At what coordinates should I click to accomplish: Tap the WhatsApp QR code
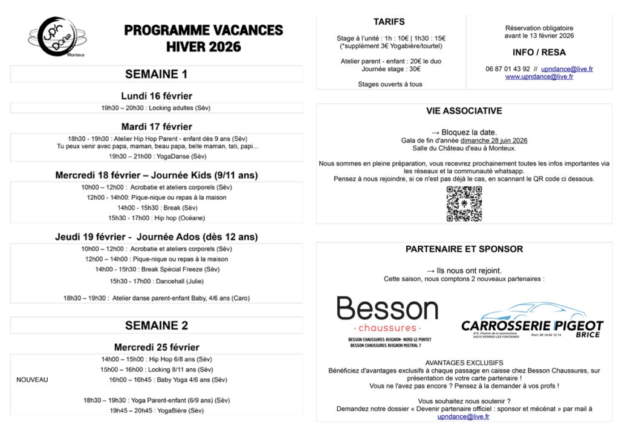[x=464, y=204]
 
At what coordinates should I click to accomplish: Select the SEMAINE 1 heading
[x=156, y=74]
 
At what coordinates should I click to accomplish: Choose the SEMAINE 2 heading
[x=156, y=325]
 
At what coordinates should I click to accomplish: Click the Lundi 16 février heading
[x=157, y=96]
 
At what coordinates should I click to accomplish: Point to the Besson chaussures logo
[x=387, y=317]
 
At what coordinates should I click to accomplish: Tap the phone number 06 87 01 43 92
[x=508, y=69]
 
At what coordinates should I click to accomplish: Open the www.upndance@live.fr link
[x=539, y=77]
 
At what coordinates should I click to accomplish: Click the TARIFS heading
[x=389, y=22]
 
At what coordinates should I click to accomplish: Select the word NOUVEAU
[x=32, y=380]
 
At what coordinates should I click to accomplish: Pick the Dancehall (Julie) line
[x=157, y=281]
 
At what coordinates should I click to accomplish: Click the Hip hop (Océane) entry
[x=157, y=218]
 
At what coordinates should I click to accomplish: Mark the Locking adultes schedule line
[x=156, y=108]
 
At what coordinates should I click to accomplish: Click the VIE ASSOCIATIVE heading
[x=464, y=111]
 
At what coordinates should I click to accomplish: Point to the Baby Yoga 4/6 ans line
[x=168, y=380]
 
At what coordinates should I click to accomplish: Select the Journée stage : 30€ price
[x=389, y=69]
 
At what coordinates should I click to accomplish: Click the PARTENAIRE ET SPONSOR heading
[x=464, y=249]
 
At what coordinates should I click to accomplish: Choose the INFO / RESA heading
[x=539, y=52]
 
